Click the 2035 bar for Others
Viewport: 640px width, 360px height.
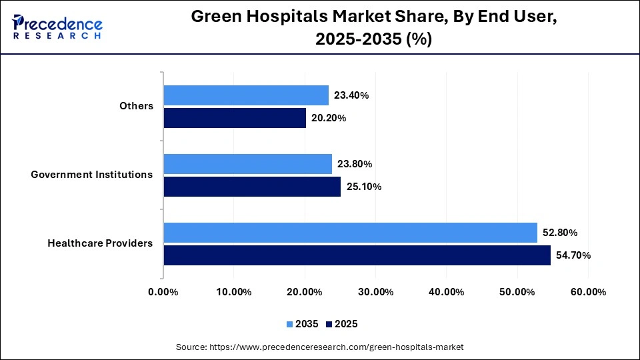246,95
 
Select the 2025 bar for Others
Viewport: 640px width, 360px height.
235,118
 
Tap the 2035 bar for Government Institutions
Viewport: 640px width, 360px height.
247,164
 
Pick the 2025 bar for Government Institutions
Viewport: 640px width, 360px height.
252,187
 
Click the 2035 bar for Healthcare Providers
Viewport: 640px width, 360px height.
350,233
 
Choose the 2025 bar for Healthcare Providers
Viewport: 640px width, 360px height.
357,255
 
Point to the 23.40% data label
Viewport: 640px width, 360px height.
351,95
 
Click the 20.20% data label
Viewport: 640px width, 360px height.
329,118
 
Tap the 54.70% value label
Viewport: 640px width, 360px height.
573,255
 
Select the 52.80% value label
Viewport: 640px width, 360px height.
559,233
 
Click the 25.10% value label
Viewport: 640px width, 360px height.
363,187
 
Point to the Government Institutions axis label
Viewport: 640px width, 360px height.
92,175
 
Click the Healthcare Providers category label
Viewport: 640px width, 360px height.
100,243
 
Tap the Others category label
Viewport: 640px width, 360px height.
136,106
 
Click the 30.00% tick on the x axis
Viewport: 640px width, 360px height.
375,292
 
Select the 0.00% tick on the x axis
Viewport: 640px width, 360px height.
163,292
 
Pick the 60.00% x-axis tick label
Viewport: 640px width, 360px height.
588,292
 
